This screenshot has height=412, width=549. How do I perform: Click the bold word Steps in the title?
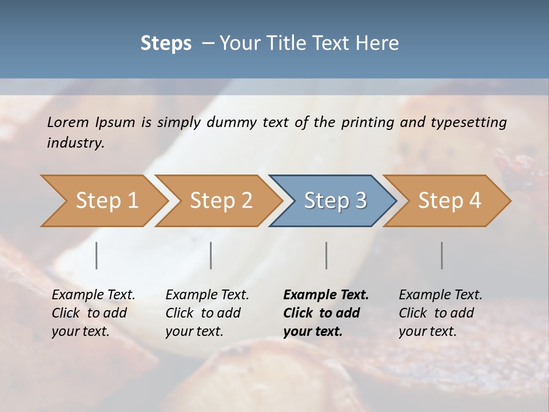tap(166, 43)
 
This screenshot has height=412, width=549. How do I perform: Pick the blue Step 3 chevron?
tap(333, 201)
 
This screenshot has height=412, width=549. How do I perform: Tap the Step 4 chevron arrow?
tap(448, 201)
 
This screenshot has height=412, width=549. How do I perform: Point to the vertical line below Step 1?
tap(97, 255)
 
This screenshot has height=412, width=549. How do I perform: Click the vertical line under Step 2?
tap(211, 255)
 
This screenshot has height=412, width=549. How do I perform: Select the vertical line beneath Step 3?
tap(326, 255)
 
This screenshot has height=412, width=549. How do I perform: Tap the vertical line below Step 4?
tap(441, 255)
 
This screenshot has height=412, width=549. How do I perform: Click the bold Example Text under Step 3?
tap(326, 295)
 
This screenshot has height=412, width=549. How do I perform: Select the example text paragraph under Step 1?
tap(93, 313)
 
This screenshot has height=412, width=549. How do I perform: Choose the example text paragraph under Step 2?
tap(207, 313)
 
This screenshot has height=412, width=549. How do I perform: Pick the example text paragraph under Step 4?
tap(440, 313)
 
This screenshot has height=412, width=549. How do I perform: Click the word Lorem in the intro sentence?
tap(68, 122)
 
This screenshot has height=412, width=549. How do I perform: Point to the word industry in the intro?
tap(75, 143)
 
